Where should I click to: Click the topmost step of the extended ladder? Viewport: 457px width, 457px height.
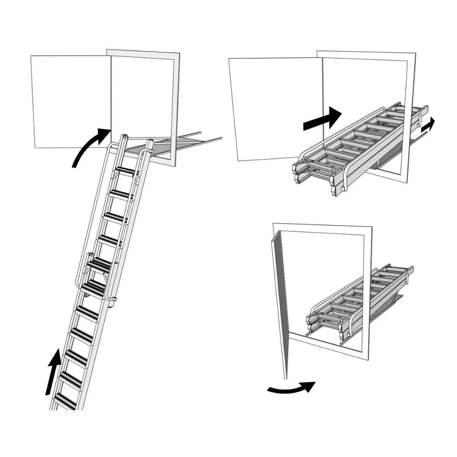click(126, 170)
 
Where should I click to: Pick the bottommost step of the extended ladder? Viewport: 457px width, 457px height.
click(65, 400)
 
